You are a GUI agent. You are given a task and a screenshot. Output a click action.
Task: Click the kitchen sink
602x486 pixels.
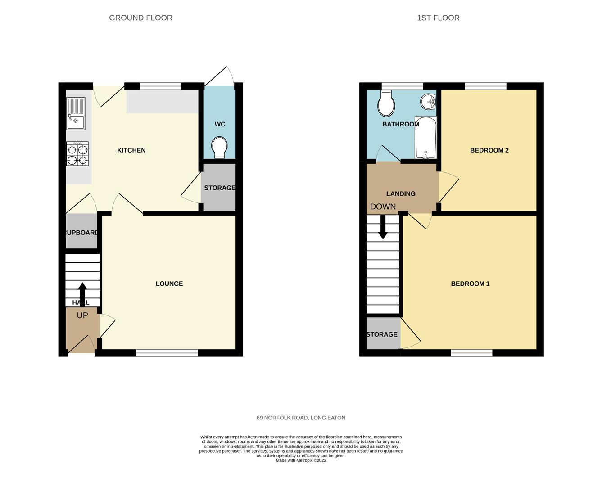pos(76,114)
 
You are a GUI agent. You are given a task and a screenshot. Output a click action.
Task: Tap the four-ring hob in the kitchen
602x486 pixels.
pos(77,154)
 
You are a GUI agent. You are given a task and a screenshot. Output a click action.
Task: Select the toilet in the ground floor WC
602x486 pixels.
pos(220,148)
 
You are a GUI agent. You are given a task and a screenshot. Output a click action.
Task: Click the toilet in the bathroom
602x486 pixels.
pos(386,104)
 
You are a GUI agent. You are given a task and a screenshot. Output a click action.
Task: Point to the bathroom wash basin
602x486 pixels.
pos(428,102)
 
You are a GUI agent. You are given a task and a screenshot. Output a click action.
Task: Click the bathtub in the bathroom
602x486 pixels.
pos(425,137)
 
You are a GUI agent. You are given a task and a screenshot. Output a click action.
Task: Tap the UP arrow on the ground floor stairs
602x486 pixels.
pos(82,294)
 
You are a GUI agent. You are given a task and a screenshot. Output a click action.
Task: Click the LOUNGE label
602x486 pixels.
pos(169,283)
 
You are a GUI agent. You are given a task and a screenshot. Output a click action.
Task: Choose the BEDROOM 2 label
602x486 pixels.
pos(489,150)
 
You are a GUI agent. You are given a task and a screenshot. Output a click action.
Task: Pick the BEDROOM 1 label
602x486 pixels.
pos(470,283)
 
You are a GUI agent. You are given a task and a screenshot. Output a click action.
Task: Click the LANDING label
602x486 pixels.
pos(401,193)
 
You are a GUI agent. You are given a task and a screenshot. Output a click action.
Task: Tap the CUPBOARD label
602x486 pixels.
pos(81,233)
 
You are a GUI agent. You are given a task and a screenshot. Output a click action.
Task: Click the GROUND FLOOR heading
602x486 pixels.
pos(140,18)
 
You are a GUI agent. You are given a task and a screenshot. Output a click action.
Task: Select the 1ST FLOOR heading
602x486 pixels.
pos(438,18)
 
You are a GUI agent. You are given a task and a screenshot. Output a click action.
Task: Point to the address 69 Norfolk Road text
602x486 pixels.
pos(301,418)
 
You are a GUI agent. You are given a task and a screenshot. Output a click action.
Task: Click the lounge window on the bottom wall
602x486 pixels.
pos(167,353)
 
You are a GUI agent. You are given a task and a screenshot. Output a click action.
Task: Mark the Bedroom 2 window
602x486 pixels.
pos(485,86)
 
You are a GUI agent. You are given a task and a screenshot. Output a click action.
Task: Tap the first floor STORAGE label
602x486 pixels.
pos(382,334)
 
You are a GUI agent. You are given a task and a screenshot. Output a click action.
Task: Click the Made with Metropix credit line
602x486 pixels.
pos(301,460)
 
